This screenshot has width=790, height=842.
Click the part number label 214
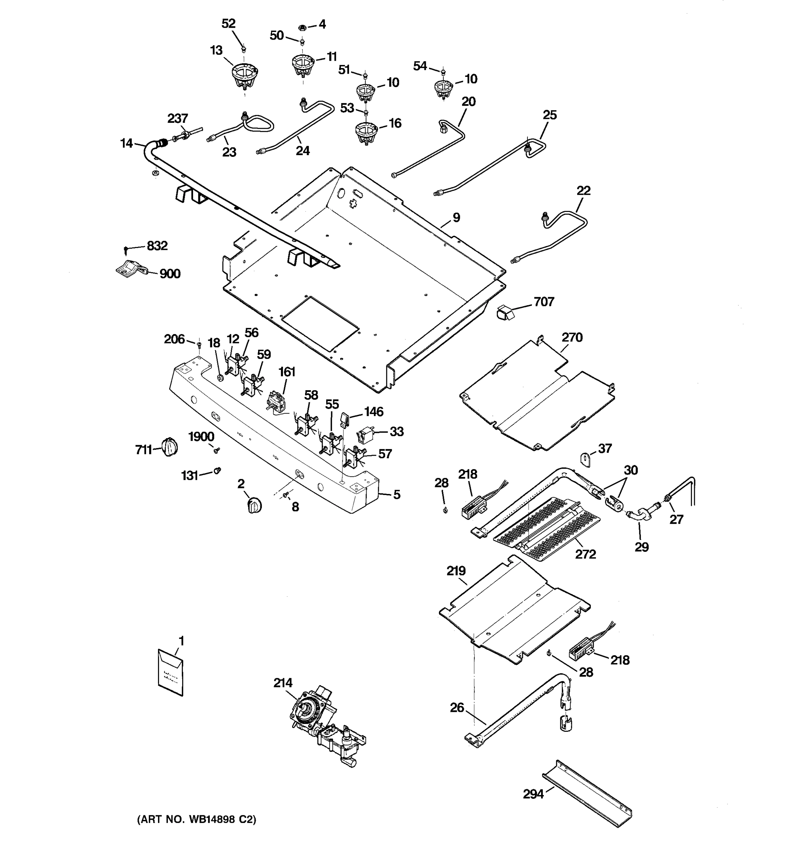pos(283,683)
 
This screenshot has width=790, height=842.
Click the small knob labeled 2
pos(254,505)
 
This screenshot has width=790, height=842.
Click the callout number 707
pos(544,302)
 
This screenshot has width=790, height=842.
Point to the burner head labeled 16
pos(366,132)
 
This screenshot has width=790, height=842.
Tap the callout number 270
pos(572,338)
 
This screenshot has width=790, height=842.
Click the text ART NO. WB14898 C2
pos(197,820)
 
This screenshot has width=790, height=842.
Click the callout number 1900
pos(201,437)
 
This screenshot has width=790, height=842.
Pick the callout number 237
pos(178,118)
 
